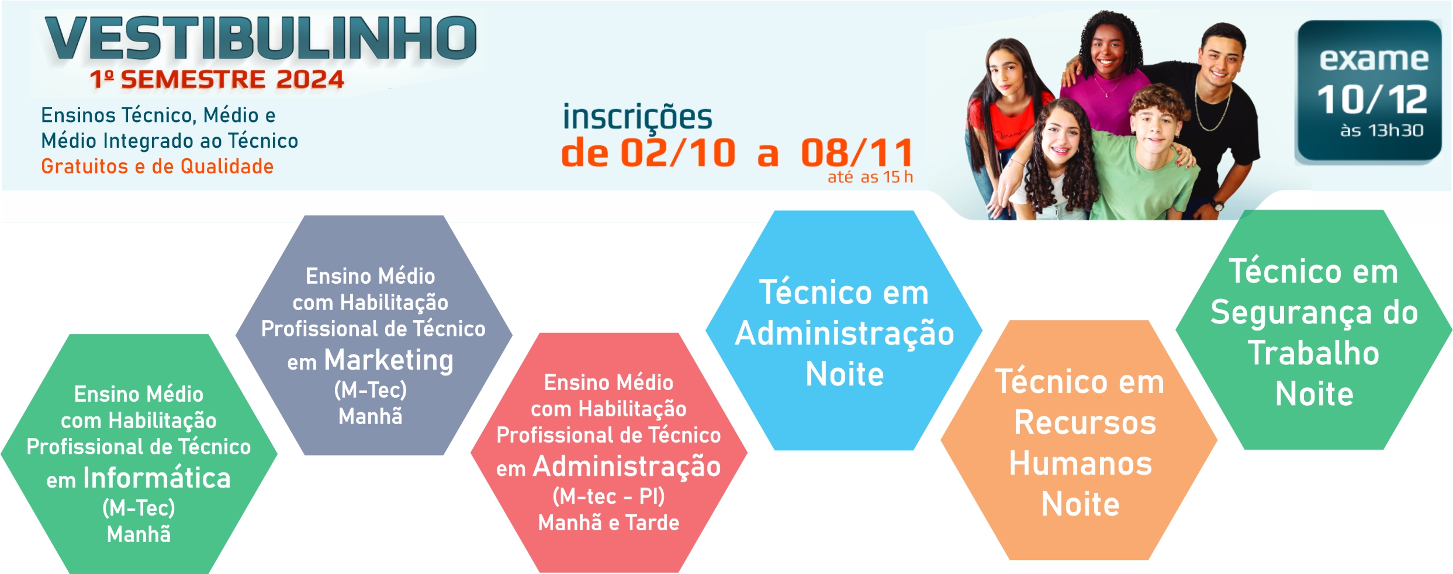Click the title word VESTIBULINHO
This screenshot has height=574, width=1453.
261,38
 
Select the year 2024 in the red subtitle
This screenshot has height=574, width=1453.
310,79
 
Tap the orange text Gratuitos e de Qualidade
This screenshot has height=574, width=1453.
157,166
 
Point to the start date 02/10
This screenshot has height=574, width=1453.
678,153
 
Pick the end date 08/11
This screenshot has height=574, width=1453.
857,153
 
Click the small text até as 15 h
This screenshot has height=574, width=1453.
870,177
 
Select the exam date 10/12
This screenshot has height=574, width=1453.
1372,99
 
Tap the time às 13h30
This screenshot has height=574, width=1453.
1382,130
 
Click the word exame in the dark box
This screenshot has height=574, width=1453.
1374,59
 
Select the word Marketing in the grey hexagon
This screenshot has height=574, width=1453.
389,361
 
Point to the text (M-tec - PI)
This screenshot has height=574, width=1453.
608,496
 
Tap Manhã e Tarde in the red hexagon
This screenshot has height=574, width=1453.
608,523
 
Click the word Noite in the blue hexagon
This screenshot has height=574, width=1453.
845,374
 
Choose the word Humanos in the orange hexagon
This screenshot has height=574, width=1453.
1081,464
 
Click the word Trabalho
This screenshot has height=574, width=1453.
1314,353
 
